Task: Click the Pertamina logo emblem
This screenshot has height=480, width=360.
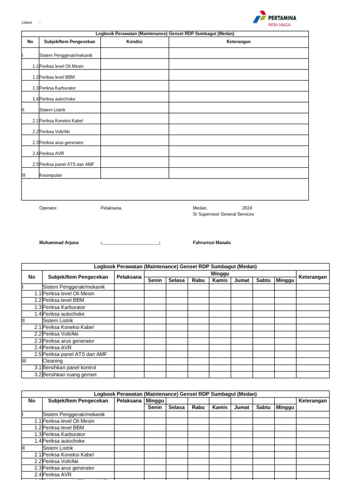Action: (259, 17)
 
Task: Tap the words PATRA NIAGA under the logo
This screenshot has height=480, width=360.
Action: (279, 25)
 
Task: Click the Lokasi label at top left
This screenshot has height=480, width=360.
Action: (26, 22)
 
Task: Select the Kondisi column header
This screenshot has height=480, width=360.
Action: (135, 42)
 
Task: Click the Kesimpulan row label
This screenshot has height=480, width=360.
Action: (51, 175)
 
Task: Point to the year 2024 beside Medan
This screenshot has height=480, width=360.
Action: (247, 208)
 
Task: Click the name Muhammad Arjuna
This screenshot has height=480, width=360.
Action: (59, 242)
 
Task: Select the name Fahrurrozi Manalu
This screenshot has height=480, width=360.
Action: (211, 242)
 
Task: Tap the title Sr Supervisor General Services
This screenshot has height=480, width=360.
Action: (223, 214)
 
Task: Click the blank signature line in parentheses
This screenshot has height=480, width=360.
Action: (130, 243)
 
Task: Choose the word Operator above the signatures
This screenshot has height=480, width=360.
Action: (48, 208)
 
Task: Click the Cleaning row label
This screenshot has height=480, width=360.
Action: (52, 361)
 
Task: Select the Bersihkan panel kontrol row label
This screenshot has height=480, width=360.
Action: (69, 367)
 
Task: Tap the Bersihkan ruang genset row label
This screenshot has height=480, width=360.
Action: (69, 375)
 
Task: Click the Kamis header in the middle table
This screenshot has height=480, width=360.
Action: (220, 280)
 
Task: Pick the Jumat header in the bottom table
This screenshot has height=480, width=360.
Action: (241, 407)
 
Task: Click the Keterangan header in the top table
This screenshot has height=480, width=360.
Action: (239, 42)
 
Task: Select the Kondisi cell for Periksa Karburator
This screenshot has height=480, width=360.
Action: (135, 86)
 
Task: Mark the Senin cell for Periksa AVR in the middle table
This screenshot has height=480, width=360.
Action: (155, 347)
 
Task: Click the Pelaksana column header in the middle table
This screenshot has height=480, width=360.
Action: (129, 277)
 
